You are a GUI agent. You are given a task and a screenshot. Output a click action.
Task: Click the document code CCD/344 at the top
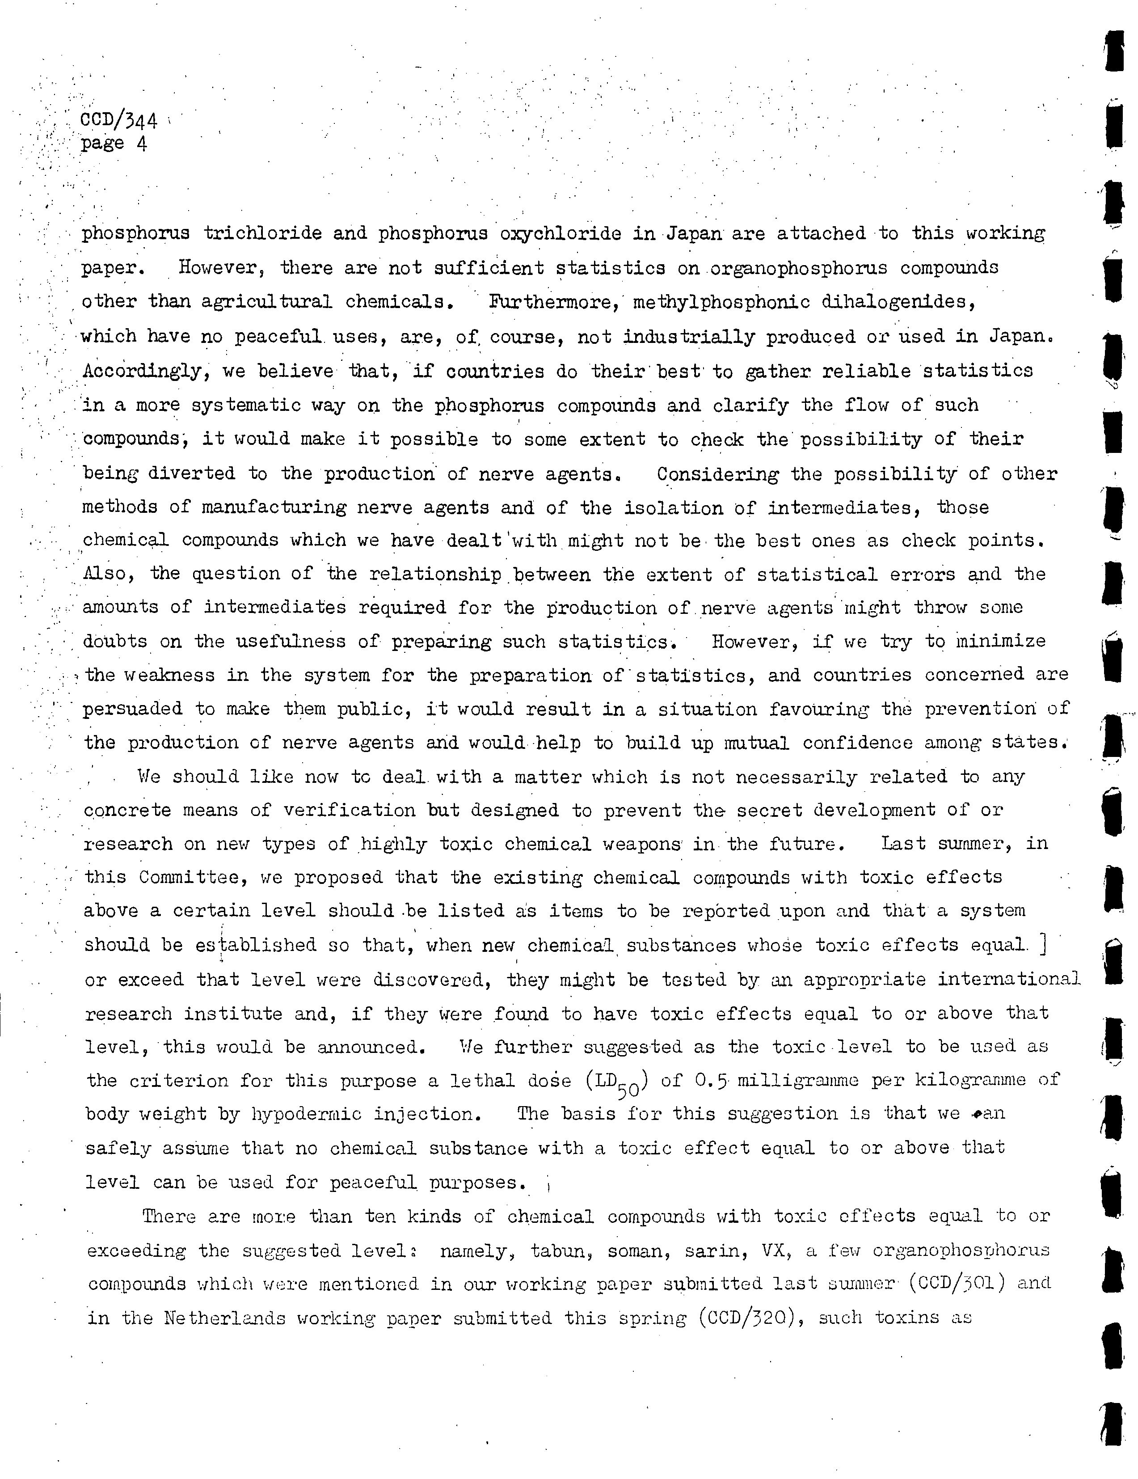coord(118,121)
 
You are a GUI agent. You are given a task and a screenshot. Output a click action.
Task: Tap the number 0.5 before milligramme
coord(712,1080)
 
